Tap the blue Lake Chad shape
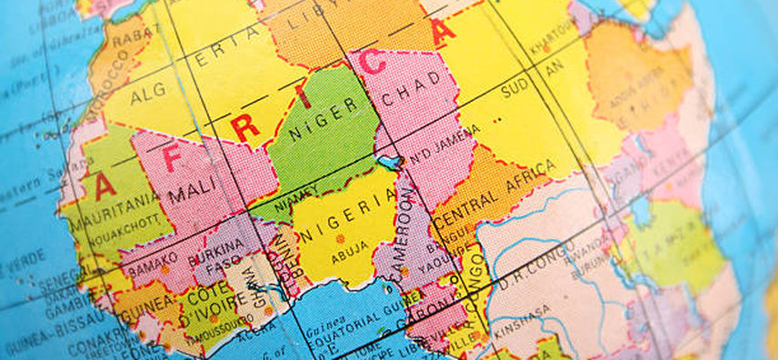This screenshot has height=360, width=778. [388, 163]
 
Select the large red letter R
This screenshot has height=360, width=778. [244, 126]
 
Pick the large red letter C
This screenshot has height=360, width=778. [373, 63]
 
